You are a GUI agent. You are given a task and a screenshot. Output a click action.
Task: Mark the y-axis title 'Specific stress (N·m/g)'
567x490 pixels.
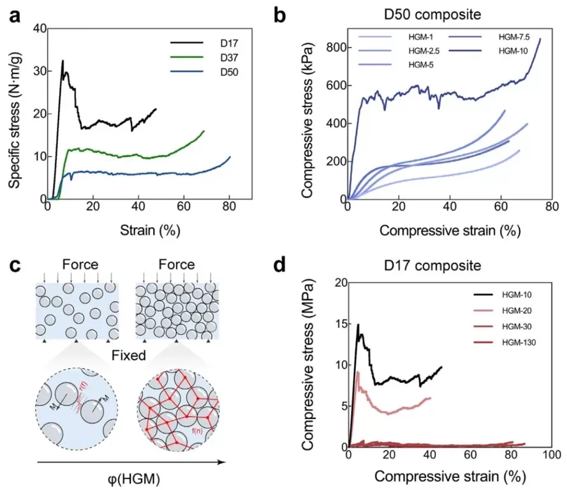13,113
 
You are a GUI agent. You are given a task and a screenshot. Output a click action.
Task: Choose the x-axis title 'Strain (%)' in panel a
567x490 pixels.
138,230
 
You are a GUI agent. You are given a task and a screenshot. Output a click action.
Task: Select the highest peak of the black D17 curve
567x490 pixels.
63,61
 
